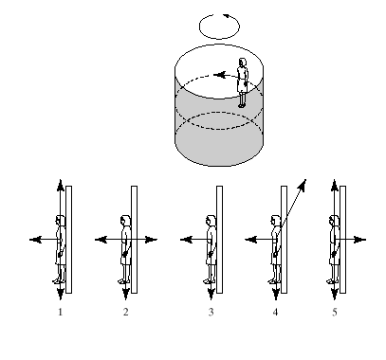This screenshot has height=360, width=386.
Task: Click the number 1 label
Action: [60, 312]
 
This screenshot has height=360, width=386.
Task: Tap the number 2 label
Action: [126, 312]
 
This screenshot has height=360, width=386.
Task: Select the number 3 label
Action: [211, 312]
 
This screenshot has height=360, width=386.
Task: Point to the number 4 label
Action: [275, 312]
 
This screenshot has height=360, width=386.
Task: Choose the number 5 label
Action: [335, 312]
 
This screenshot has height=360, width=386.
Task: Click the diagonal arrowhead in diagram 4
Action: [303, 185]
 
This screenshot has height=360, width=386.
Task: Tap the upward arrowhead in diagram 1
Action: [61, 185]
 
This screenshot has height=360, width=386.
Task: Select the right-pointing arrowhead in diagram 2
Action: [151, 240]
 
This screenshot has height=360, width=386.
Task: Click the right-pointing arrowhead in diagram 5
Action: [360, 240]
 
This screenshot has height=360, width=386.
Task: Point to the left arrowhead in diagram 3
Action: [186, 240]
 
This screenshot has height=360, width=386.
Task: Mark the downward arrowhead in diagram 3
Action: [211, 295]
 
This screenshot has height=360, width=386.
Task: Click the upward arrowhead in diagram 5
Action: [335, 185]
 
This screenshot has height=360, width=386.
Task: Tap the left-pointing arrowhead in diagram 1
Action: [35, 240]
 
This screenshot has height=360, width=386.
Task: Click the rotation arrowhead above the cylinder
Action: [227, 15]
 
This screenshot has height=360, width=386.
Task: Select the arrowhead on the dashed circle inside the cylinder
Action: [219, 75]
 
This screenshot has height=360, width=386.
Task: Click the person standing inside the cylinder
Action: [242, 82]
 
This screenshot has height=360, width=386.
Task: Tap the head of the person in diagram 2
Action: [125, 221]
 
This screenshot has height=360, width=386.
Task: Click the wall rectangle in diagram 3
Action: [219, 240]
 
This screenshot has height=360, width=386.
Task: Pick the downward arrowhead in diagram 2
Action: [126, 295]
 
